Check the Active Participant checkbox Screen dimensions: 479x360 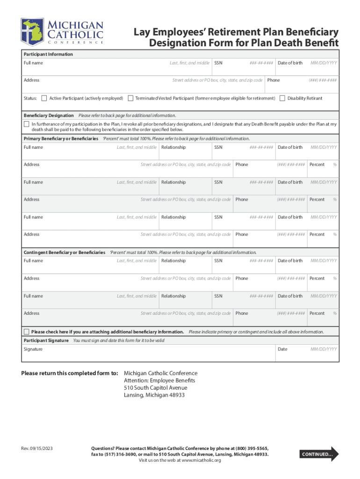44,98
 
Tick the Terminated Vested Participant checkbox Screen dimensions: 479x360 130,98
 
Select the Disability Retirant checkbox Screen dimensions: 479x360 282,98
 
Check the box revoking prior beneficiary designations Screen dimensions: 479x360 27,124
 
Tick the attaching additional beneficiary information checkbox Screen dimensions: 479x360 27,332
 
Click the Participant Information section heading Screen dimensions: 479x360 48,54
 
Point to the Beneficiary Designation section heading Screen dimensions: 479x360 49,115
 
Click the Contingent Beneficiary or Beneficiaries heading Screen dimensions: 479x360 65,252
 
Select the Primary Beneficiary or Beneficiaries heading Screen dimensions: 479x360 61,138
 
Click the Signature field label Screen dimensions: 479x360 33,349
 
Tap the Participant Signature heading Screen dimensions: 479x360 46,340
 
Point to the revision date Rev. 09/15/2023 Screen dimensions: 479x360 37,449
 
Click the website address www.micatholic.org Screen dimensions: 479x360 201,460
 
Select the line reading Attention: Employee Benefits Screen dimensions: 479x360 159,380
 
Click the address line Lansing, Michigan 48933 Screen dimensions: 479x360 154,395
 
